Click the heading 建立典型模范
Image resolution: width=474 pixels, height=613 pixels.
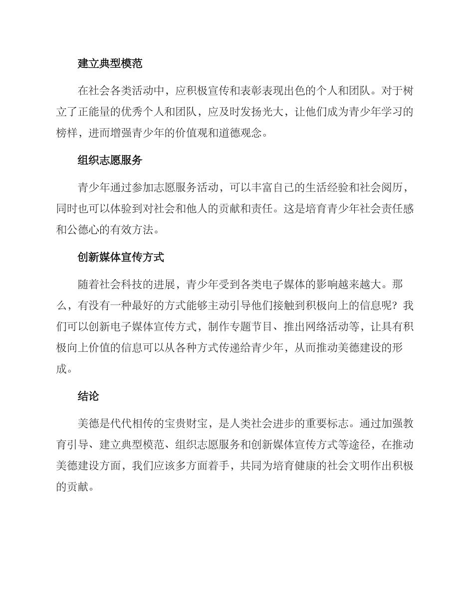coord(110,63)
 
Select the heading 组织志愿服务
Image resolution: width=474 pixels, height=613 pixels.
coord(110,160)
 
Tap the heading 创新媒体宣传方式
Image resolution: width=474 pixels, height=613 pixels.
coord(121,257)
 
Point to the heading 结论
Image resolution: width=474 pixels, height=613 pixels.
coord(88,396)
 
